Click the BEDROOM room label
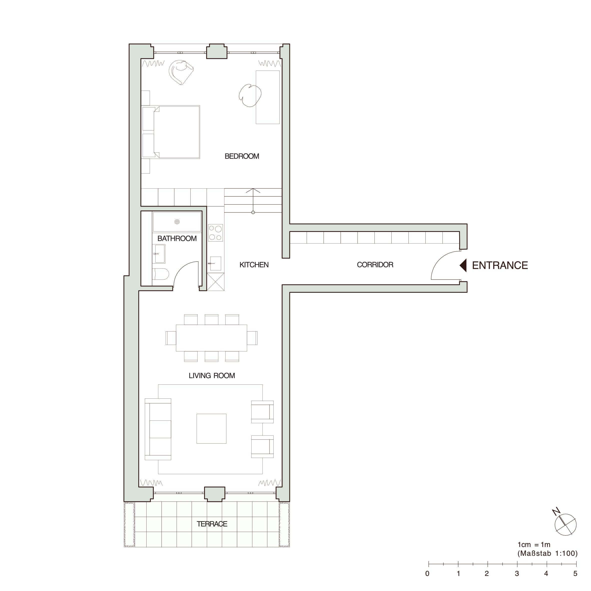(242, 156)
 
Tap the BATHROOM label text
(177, 238)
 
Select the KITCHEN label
(254, 265)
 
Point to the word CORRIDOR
(375, 265)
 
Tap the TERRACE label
(212, 524)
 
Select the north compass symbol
(565, 524)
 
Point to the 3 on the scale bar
(517, 573)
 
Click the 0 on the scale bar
(427, 573)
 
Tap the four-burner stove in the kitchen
(215, 233)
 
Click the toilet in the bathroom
(160, 274)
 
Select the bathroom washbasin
(160, 254)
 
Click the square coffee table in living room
(211, 429)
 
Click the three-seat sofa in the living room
(158, 429)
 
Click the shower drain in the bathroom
(177, 222)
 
